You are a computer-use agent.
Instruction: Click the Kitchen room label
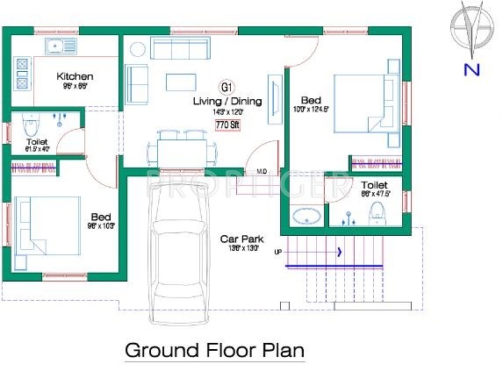tap(75, 76)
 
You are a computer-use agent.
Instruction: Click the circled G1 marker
tap(226, 87)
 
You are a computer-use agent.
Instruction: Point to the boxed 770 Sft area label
tap(227, 125)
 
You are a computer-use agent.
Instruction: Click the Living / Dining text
tap(228, 102)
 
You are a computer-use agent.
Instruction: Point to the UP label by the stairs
tap(278, 252)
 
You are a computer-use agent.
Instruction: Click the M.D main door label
tap(262, 170)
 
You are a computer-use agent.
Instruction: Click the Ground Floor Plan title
tap(215, 350)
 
